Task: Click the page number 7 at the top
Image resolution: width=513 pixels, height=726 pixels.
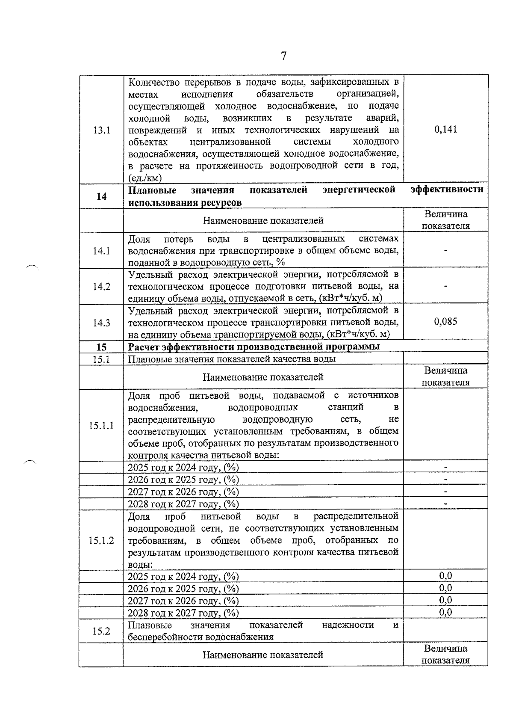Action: click(x=283, y=56)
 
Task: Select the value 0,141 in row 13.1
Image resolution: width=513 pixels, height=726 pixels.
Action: click(x=445, y=129)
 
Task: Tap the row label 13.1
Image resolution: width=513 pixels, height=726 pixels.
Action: click(x=101, y=130)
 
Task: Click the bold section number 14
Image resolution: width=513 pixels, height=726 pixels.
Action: click(x=101, y=196)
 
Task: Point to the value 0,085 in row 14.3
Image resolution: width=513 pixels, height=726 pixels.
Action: click(x=445, y=321)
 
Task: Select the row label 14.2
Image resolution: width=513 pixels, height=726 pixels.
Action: click(x=101, y=287)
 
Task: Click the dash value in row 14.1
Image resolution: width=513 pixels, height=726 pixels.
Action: click(x=445, y=250)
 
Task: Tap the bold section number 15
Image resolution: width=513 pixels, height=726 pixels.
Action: click(x=101, y=347)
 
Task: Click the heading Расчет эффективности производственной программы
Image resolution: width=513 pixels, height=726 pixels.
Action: click(x=254, y=347)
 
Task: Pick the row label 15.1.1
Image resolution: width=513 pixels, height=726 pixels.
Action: click(x=101, y=425)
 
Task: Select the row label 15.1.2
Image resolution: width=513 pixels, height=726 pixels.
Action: click(x=101, y=540)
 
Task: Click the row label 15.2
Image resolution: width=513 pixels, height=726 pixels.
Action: click(x=101, y=631)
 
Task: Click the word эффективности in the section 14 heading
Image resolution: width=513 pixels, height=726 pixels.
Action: click(x=447, y=190)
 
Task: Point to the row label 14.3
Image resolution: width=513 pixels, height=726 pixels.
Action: click(x=101, y=323)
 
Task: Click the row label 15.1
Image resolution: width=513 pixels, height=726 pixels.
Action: click(x=101, y=359)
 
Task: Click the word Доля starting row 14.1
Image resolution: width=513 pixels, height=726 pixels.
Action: click(x=139, y=239)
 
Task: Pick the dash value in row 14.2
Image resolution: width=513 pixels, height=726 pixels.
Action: click(x=445, y=286)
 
